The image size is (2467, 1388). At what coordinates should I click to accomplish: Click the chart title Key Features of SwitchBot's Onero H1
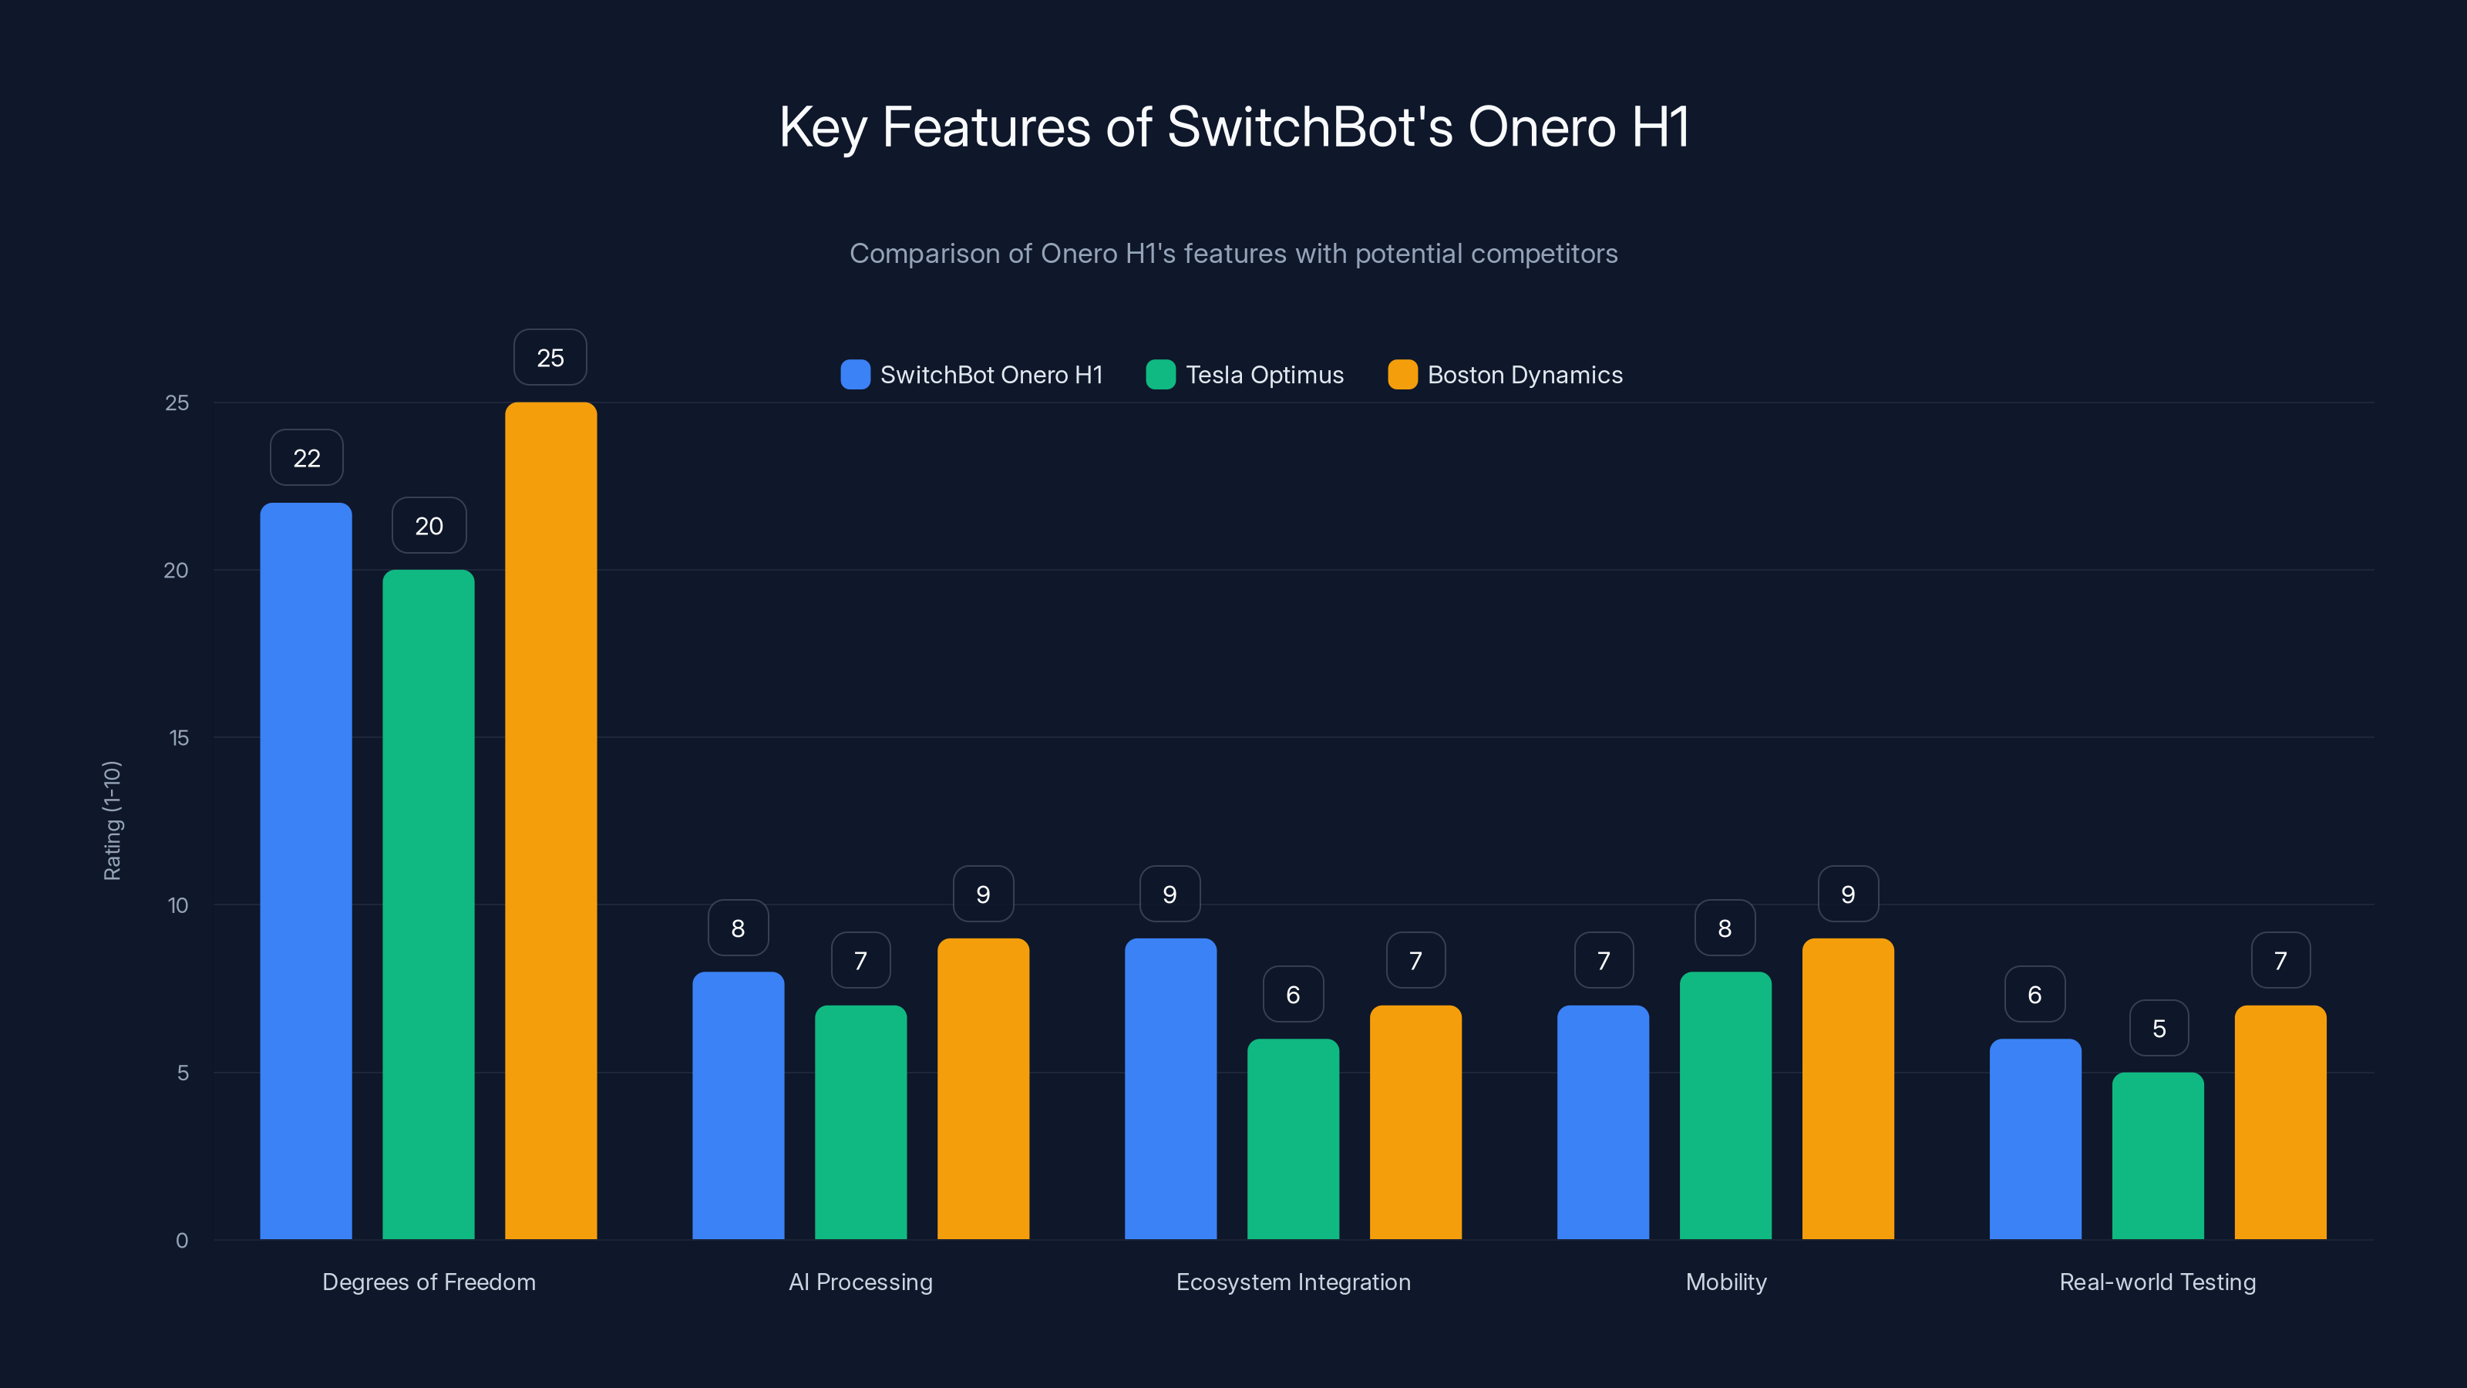click(x=1233, y=127)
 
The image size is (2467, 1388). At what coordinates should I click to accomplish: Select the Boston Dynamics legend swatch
click(x=1402, y=375)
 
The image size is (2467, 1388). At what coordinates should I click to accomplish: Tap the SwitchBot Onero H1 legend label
click(x=991, y=375)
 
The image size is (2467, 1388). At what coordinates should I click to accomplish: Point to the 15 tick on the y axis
click(x=178, y=738)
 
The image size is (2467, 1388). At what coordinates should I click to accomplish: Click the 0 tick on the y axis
click(x=182, y=1241)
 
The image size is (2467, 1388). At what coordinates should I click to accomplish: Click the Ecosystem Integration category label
click(x=1293, y=1282)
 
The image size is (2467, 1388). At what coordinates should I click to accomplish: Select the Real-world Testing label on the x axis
click(x=2157, y=1282)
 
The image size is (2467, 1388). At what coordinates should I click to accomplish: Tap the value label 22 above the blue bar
click(x=307, y=458)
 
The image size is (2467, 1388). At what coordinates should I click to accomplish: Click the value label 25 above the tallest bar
click(x=550, y=357)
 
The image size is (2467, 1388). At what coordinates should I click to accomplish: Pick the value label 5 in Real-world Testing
click(x=2159, y=1028)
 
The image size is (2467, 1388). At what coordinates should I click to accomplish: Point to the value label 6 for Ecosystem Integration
click(x=1293, y=994)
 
